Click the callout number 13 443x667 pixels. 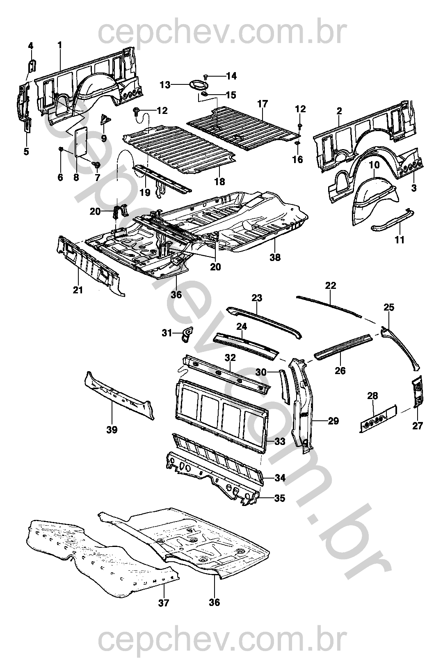pos(165,85)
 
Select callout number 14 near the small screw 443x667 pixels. pos(231,76)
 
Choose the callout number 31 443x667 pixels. pos(167,334)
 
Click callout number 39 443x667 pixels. pos(112,430)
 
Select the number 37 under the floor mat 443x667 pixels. pos(164,603)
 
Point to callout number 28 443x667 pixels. pos(373,396)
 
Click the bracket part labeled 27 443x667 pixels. pos(417,391)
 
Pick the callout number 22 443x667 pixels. pos(331,286)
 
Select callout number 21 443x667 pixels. pos(78,290)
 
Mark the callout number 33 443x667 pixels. pos(280,442)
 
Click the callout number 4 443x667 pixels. pos(30,46)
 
